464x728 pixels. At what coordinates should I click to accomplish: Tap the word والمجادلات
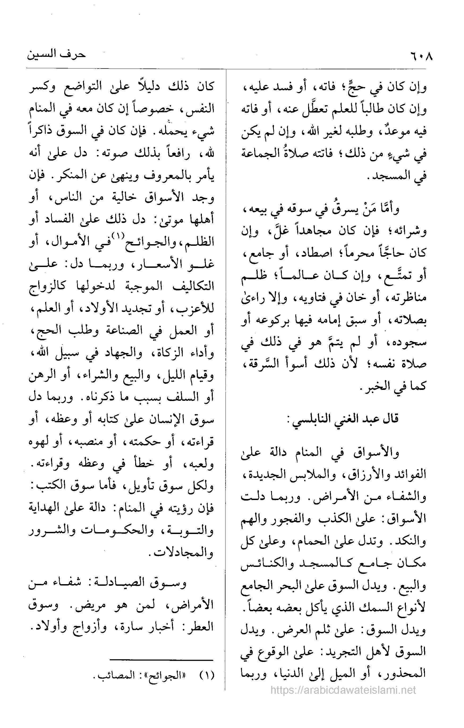pyautogui.click(x=183, y=554)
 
